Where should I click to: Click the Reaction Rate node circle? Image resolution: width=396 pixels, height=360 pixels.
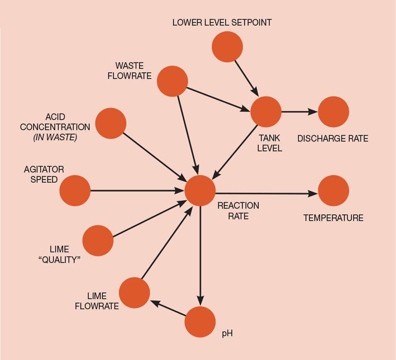coord(200,190)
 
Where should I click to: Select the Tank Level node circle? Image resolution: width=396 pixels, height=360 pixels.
coord(266,112)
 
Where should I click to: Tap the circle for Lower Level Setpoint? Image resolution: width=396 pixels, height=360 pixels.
coord(227,46)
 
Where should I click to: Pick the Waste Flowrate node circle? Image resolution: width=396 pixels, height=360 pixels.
coord(172,81)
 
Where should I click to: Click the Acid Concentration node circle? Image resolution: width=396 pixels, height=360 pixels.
coord(111,123)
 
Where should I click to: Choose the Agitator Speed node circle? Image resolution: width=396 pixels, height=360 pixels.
coord(75,190)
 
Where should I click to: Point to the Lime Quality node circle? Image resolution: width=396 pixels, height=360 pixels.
coord(98,241)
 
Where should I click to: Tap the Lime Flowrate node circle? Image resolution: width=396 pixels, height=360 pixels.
coord(134,293)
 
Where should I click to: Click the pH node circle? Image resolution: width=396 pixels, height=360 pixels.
coord(200,322)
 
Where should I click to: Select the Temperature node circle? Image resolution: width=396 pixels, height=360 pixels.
coord(333,190)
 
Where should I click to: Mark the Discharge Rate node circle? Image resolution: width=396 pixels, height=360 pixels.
coord(333,112)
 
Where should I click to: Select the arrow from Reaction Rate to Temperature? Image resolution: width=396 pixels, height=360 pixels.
coord(267,193)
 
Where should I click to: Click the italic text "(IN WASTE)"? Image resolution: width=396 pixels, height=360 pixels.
coord(55,137)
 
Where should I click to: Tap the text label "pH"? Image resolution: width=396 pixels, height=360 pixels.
coord(227,333)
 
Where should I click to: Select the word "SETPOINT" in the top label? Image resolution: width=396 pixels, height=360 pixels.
coord(252,22)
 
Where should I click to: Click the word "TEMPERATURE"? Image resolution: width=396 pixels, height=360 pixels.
coord(333,218)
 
